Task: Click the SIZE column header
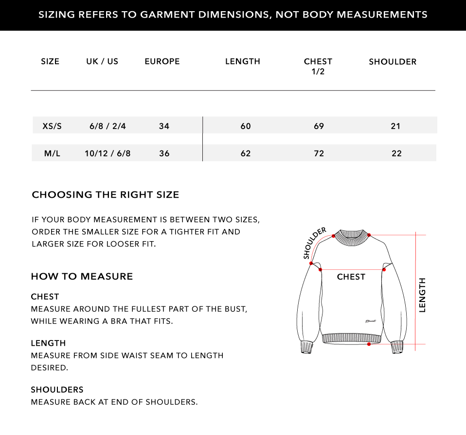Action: click(x=50, y=61)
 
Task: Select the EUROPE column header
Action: click(x=162, y=61)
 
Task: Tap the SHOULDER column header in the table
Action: click(x=393, y=62)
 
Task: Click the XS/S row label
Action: click(x=52, y=126)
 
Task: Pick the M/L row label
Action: click(x=52, y=153)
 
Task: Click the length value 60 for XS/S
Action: click(x=246, y=126)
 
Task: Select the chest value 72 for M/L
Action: click(x=319, y=153)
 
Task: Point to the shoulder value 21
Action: click(x=395, y=126)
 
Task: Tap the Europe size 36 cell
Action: click(x=164, y=153)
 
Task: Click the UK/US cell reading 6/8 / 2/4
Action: click(x=108, y=126)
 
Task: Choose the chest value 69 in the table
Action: click(x=319, y=126)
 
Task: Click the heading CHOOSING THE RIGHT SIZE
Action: click(x=106, y=195)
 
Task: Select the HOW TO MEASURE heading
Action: click(x=82, y=277)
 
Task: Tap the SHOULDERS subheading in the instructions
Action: click(x=57, y=390)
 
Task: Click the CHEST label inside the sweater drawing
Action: click(x=351, y=277)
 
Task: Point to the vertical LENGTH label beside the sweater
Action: click(x=422, y=295)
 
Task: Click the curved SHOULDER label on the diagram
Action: click(x=314, y=243)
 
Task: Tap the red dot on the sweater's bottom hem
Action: click(x=369, y=344)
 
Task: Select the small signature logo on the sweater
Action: click(x=371, y=321)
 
